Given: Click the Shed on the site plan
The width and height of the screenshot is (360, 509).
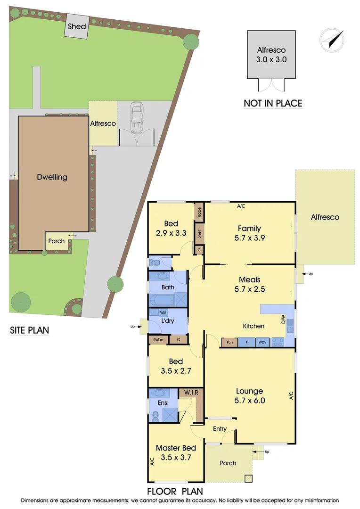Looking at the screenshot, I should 76,26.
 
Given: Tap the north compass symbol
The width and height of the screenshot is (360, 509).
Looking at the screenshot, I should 331,40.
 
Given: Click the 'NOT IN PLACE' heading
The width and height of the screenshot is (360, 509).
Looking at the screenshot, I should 273,103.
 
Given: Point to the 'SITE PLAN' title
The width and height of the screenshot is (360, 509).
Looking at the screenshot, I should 29,330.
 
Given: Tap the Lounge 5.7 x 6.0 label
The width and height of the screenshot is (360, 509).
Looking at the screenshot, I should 249,396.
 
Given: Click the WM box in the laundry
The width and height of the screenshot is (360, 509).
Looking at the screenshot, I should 164,312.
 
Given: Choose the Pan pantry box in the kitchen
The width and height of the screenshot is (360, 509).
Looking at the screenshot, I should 229,343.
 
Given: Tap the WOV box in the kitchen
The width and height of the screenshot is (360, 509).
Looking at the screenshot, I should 262,343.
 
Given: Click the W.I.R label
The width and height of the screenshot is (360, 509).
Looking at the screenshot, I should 191,393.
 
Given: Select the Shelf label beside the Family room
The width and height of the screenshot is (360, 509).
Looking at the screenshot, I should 199,233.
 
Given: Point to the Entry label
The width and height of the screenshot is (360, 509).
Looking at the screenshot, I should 220,428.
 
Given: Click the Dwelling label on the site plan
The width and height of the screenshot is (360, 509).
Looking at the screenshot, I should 52,177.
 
